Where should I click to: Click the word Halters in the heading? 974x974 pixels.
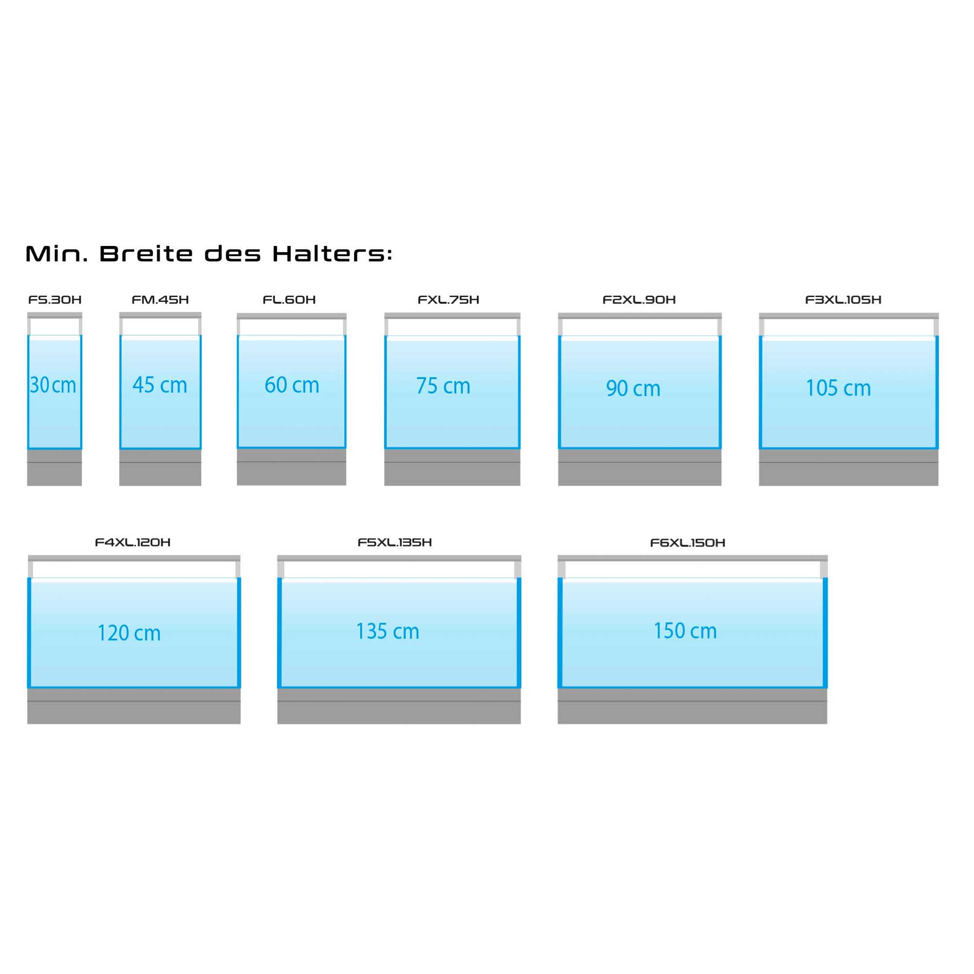(332, 254)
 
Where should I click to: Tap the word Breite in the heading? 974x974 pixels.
(146, 254)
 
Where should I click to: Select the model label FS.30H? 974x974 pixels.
(55, 300)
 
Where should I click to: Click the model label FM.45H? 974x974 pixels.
(160, 300)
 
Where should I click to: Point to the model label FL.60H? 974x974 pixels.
(289, 300)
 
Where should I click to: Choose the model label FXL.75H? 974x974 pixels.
(449, 300)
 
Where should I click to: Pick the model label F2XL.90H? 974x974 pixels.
(639, 300)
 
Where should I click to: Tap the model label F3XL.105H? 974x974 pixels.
(843, 300)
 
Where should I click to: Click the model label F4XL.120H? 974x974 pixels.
(132, 543)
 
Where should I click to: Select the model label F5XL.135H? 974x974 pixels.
(395, 543)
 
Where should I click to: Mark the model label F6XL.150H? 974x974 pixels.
(688, 543)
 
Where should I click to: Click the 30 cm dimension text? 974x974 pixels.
(53, 386)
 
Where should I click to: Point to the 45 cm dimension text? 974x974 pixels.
(160, 385)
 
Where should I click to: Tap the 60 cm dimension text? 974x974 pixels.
(292, 385)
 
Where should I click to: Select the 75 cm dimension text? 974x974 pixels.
(443, 386)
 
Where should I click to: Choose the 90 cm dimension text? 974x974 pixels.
(633, 389)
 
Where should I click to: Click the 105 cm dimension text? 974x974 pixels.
(839, 388)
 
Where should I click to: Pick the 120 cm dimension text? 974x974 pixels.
(129, 633)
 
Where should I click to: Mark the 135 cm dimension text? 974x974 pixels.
(388, 631)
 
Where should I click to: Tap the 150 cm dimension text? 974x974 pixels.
(685, 631)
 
